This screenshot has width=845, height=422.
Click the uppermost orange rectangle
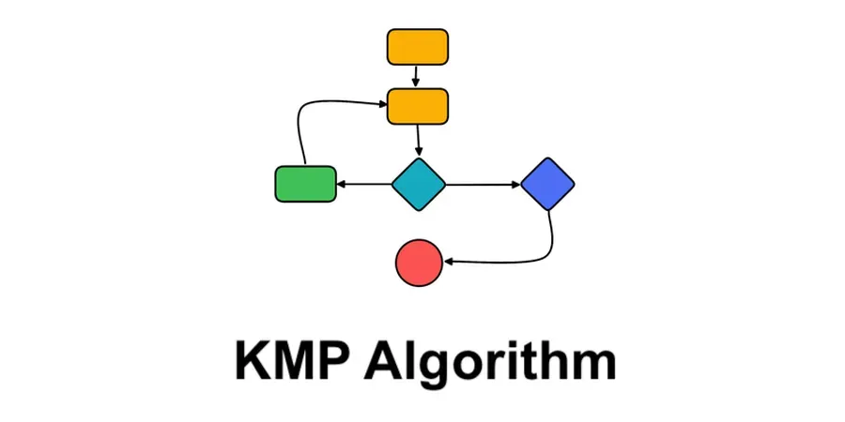[x=418, y=47]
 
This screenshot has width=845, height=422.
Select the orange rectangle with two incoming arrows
[x=418, y=106]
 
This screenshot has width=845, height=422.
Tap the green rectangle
[x=305, y=184]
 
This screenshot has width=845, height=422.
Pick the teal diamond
[x=418, y=184]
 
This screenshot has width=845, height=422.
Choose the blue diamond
[x=547, y=184]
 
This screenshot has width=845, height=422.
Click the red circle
[x=419, y=263]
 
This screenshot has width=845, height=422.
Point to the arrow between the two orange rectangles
[x=416, y=76]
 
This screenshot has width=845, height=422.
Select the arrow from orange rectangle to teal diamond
[x=418, y=141]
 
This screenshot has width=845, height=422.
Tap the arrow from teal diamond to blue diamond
[x=483, y=184]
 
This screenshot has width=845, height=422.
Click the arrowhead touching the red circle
[x=449, y=263]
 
